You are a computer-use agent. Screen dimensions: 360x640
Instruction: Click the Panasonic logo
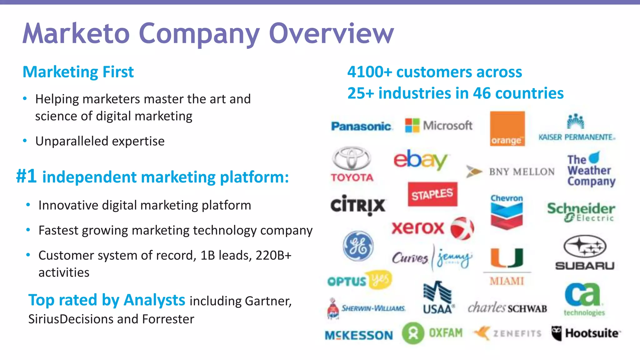click(x=361, y=126)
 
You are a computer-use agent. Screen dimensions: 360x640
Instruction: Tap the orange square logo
click(x=507, y=128)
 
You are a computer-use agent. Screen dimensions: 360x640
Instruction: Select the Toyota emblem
click(x=352, y=158)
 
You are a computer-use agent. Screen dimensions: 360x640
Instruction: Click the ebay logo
click(x=420, y=160)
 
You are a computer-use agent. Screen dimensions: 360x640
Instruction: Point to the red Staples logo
click(x=432, y=194)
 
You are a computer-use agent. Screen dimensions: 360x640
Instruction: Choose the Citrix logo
click(x=358, y=205)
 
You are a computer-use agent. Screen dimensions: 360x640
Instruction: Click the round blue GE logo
click(x=358, y=246)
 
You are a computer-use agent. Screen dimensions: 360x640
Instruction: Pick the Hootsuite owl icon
click(x=556, y=333)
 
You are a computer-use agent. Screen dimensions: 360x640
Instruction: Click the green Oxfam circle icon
click(x=413, y=333)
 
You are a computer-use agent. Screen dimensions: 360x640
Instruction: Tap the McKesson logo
click(x=359, y=335)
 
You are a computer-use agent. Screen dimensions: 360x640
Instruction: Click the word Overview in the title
click(x=331, y=33)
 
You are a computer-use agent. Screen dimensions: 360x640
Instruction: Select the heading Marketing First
click(x=78, y=72)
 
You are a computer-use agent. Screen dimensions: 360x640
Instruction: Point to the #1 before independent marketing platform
click(x=27, y=176)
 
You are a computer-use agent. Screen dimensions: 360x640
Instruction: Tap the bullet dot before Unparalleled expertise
click(x=25, y=141)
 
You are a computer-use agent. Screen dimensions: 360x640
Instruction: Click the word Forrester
click(x=168, y=319)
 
